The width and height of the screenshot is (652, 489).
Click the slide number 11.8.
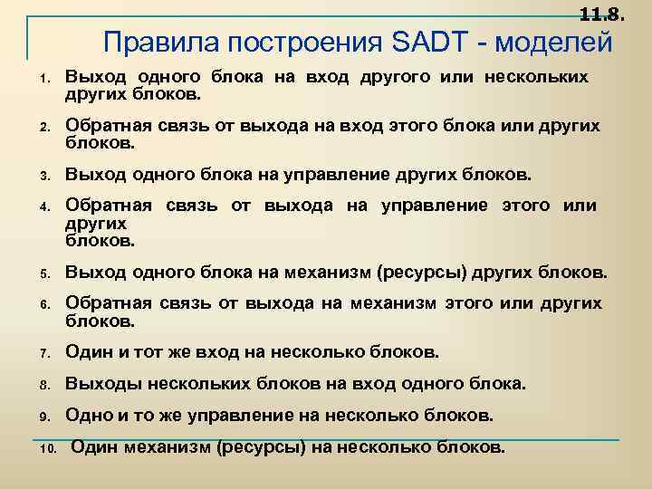point(600,14)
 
